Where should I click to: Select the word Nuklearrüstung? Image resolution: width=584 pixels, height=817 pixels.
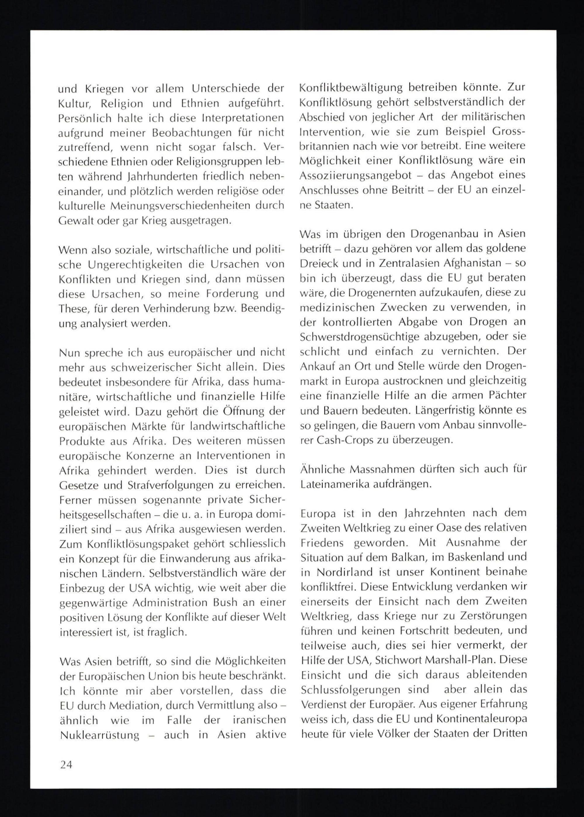100,735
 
